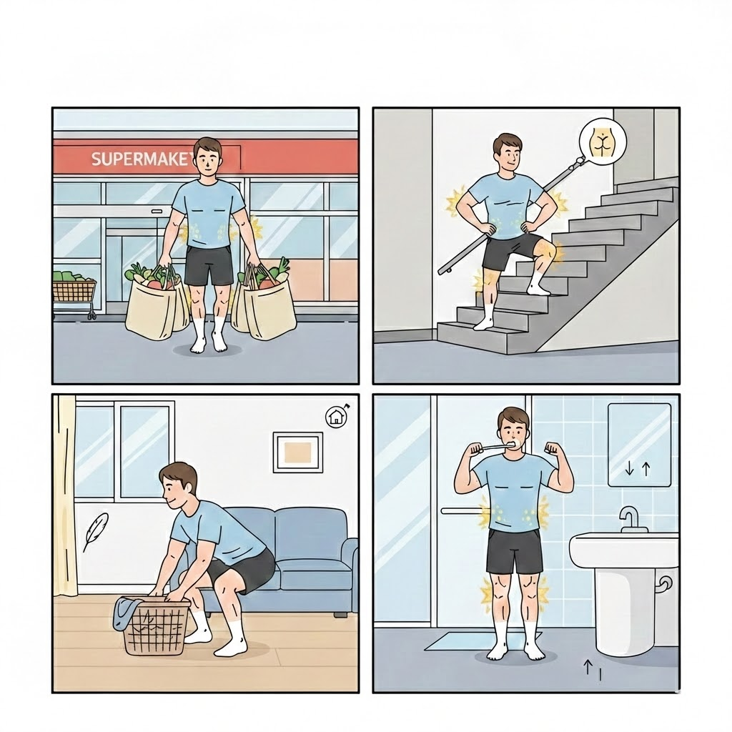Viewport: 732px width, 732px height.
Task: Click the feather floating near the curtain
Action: [95, 531]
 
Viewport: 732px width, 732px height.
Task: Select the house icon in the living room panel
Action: [335, 416]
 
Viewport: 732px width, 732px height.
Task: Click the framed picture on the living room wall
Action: [298, 452]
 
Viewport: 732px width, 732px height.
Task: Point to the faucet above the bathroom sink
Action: [630, 518]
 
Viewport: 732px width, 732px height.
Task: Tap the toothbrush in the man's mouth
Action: [492, 447]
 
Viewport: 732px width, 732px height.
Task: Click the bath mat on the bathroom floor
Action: [481, 641]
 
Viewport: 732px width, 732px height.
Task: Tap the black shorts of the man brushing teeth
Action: [514, 553]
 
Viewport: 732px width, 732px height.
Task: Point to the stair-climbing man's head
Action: [508, 154]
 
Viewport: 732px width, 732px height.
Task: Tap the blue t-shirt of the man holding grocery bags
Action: [209, 213]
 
